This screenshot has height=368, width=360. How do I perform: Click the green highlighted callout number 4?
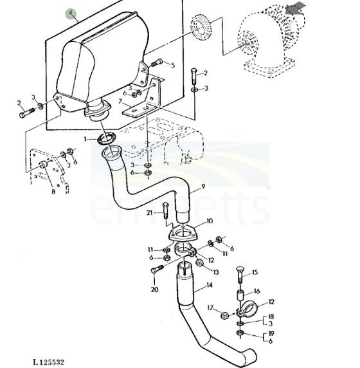pos(71,14)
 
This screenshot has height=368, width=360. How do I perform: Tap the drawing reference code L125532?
pos(49,362)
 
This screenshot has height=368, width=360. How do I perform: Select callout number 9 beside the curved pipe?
pos(203,186)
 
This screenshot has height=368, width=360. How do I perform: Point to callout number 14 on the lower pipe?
pos(210,285)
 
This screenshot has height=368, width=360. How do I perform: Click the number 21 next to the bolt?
pos(150,213)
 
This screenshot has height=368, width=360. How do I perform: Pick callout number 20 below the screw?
pos(154,290)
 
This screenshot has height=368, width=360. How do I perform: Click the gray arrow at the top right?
pos(296,8)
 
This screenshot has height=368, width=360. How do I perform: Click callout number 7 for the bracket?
pos(120,102)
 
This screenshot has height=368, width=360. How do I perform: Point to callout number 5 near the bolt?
pos(173,65)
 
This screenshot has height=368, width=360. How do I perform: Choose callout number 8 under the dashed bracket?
pos(53,192)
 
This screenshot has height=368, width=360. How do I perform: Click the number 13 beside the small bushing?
pos(215,272)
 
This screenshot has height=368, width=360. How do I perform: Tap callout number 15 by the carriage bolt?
pos(255,272)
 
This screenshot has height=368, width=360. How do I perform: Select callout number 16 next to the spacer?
pos(256,291)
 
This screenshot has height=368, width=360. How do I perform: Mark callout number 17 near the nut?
pos(210,308)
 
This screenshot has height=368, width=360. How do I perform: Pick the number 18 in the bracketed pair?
pos(271,317)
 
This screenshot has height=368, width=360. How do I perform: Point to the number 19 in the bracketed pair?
pos(271,333)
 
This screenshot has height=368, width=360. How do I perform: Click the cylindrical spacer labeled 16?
pos(240,295)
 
